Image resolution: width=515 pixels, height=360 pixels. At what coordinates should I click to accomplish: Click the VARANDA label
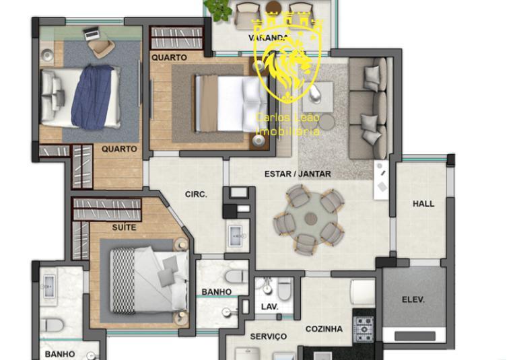(269, 38)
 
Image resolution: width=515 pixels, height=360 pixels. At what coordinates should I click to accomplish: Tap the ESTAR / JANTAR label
(297, 174)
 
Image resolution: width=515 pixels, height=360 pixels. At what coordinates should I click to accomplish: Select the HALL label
(423, 203)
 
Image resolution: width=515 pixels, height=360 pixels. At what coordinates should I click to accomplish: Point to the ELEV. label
(413, 299)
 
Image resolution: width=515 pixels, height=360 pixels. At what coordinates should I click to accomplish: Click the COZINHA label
(324, 329)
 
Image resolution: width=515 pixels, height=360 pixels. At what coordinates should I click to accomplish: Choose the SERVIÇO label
(269, 336)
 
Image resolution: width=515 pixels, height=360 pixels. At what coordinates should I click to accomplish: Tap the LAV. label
(269, 307)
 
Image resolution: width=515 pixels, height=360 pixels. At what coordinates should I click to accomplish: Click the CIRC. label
(196, 194)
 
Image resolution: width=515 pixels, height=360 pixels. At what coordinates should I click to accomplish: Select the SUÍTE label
(124, 227)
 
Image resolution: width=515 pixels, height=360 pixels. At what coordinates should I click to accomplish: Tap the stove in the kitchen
(365, 328)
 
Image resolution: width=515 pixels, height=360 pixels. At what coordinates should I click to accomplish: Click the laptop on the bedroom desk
(92, 32)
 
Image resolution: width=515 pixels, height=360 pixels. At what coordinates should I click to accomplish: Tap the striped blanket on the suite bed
(123, 281)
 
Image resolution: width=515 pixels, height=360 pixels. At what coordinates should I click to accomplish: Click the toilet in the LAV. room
(285, 289)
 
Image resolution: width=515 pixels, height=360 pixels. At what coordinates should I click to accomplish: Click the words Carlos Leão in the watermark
(287, 118)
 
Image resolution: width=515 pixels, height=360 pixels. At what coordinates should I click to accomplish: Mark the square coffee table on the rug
(317, 96)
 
